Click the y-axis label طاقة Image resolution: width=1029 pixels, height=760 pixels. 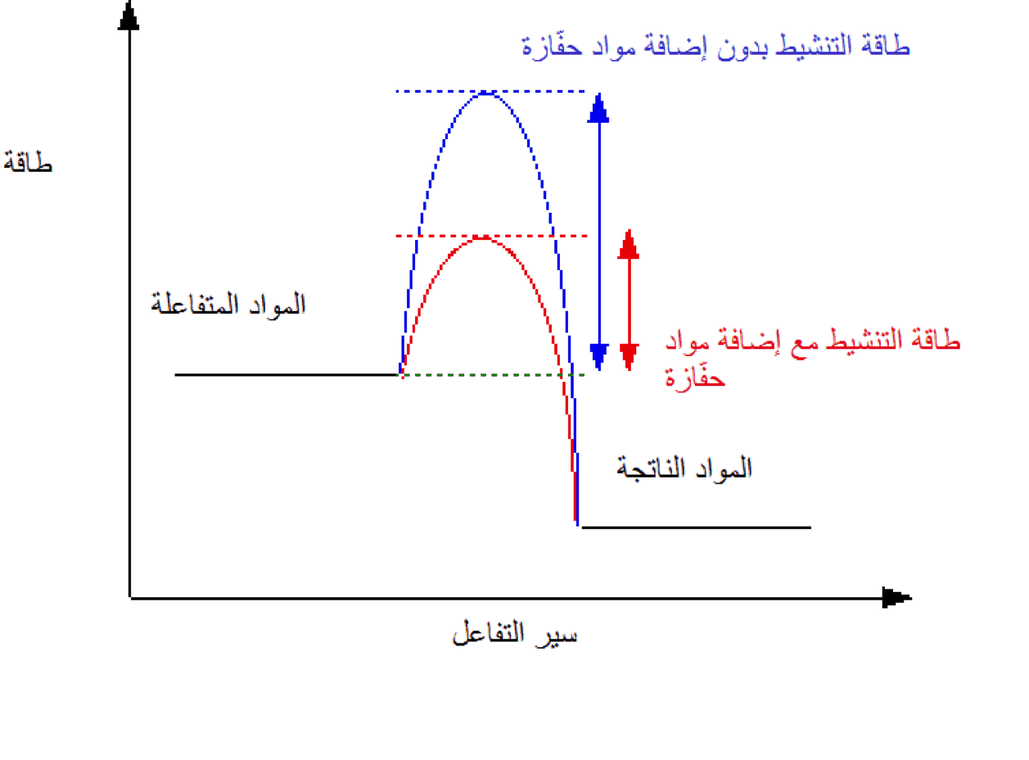(28, 161)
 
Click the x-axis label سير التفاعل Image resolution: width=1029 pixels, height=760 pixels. (514, 633)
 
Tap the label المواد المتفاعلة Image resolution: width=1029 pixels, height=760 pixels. (228, 305)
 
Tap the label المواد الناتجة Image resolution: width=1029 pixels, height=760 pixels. (684, 468)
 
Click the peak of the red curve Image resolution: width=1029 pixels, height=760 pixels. (482, 238)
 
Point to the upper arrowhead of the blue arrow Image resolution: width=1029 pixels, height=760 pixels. (598, 107)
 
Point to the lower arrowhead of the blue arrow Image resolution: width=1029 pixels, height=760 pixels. (599, 357)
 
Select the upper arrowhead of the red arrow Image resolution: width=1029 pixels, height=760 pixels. (629, 244)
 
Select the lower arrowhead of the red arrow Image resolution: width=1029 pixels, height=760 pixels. (629, 357)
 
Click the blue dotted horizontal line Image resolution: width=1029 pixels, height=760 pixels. (490, 92)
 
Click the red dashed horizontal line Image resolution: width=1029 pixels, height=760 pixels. (491, 236)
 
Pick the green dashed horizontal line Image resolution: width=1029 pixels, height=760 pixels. (493, 374)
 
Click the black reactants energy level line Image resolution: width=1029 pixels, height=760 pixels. (287, 374)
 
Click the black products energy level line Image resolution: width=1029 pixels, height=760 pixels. (697, 527)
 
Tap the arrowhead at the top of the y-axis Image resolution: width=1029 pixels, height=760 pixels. (129, 16)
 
